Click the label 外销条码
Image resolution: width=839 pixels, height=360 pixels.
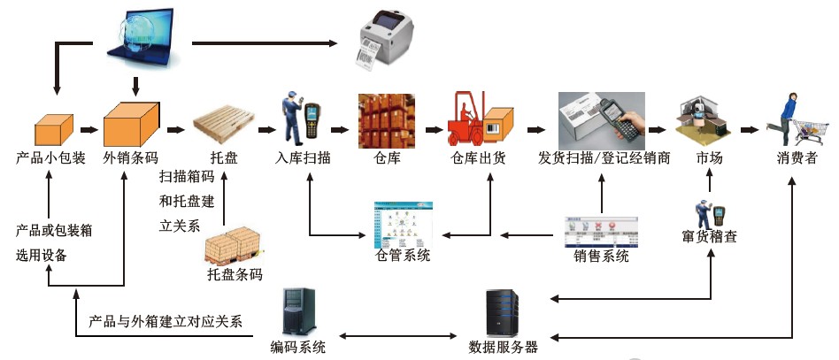pos(131,159)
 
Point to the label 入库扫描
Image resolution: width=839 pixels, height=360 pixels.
pos(304,159)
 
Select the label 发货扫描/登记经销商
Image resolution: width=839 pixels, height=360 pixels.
pos(604,159)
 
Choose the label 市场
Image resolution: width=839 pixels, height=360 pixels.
pos(708,159)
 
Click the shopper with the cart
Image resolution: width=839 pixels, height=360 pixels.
pos(797,119)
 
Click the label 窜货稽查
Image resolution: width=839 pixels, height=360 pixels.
pos(710,238)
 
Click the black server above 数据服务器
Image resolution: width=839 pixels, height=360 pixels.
pos(500,311)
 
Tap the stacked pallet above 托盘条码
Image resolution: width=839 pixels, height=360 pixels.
pos(233,247)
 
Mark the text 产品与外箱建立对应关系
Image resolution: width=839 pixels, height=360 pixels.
pos(165,321)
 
